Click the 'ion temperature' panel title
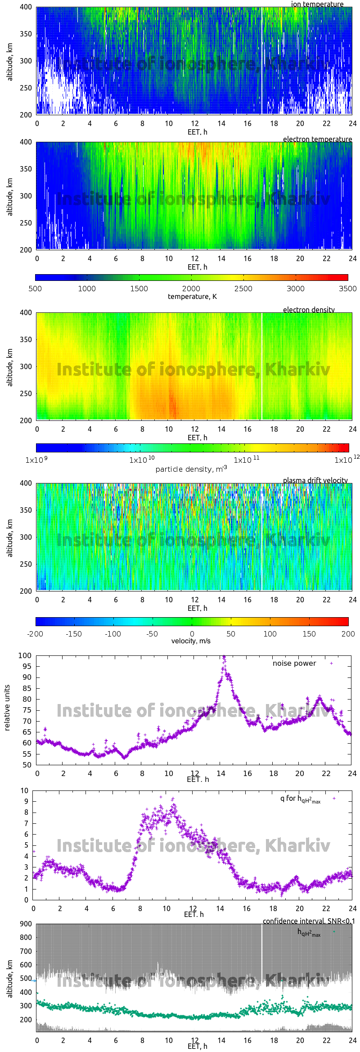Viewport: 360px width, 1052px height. click(317, 4)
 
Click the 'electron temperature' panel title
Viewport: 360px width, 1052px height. click(317, 139)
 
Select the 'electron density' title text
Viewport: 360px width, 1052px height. click(309, 310)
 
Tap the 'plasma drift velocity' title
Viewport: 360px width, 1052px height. click(315, 480)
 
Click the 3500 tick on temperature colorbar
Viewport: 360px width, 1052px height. click(347, 289)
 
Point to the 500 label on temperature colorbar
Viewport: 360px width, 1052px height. click(35, 289)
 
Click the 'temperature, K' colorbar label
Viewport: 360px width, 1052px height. click(192, 297)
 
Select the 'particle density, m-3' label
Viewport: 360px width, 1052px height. click(191, 469)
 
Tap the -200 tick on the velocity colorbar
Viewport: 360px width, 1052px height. click(35, 634)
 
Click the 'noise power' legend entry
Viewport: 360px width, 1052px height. click(294, 664)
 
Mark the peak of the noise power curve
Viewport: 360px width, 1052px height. click(224, 657)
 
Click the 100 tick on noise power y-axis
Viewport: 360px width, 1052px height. click(25, 655)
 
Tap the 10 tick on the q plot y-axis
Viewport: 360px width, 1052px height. click(24, 790)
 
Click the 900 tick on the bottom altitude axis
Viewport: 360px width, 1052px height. click(26, 924)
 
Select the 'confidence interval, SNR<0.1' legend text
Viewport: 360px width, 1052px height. click(309, 921)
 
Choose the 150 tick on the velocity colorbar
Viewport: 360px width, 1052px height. click(309, 634)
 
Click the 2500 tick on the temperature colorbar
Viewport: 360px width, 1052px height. click(243, 289)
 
